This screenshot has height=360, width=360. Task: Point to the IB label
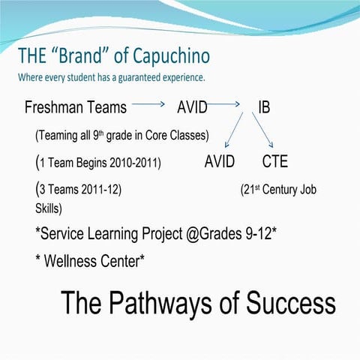click(x=264, y=107)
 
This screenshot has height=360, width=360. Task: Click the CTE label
click(x=274, y=161)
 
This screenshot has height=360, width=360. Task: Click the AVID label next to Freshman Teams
click(x=191, y=107)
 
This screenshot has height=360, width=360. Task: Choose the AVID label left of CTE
click(x=219, y=161)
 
